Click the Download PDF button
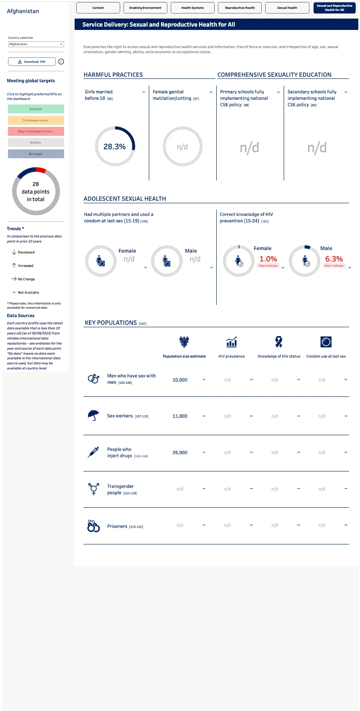click(x=32, y=62)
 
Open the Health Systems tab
click(x=193, y=8)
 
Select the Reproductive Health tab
click(x=240, y=8)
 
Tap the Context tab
click(x=98, y=8)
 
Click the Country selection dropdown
click(x=36, y=44)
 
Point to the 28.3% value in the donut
click(x=115, y=147)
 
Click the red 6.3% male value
click(x=334, y=259)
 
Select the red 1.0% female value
click(x=268, y=259)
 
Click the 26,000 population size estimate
click(x=180, y=452)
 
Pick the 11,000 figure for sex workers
click(x=180, y=416)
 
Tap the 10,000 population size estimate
click(x=180, y=380)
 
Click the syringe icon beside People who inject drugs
click(x=93, y=452)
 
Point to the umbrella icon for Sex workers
click(x=93, y=415)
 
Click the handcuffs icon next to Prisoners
click(x=94, y=526)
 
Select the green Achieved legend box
click(x=36, y=109)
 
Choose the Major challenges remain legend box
click(x=36, y=131)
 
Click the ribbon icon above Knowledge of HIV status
click(x=279, y=342)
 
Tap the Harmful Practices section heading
click(x=113, y=75)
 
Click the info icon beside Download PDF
click(x=61, y=62)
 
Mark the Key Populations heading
click(x=111, y=323)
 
